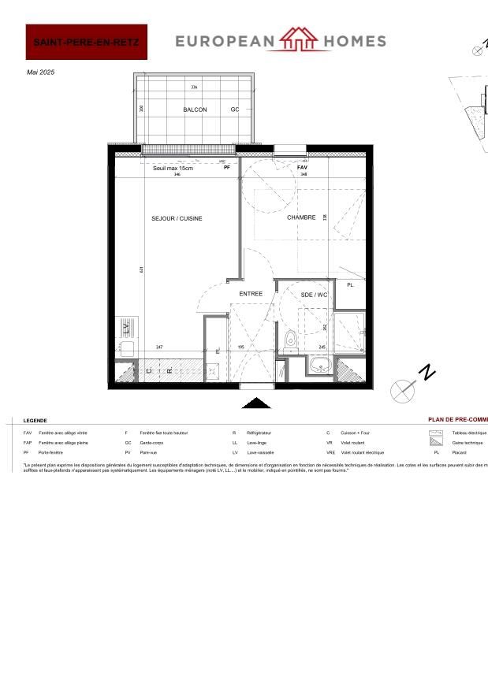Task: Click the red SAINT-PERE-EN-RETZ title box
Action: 87,42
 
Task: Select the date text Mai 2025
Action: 41,72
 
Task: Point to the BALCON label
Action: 195,110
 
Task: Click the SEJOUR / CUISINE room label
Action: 177,218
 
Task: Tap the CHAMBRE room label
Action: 301,217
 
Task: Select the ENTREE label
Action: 251,294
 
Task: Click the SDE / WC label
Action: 314,295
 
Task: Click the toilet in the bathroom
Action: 290,340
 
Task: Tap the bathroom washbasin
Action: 321,366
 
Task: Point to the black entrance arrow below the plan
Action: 255,403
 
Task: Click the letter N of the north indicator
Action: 427,373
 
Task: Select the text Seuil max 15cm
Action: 173,168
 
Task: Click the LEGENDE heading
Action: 35,421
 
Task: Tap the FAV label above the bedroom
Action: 302,168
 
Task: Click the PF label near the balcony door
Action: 227,168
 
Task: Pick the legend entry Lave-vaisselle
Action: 260,453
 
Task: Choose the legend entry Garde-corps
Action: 151,443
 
